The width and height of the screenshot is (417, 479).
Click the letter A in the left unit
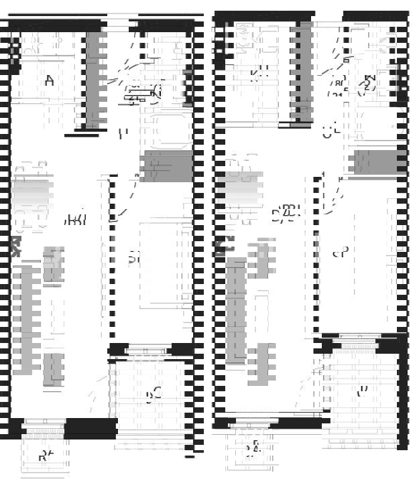(49, 82)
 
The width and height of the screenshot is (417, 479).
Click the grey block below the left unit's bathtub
(166, 166)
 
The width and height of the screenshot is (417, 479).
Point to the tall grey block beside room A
(93, 80)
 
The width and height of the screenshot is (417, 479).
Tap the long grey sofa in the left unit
(26, 318)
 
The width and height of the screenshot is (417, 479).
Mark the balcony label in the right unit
(363, 393)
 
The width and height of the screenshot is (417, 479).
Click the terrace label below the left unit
(45, 457)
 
